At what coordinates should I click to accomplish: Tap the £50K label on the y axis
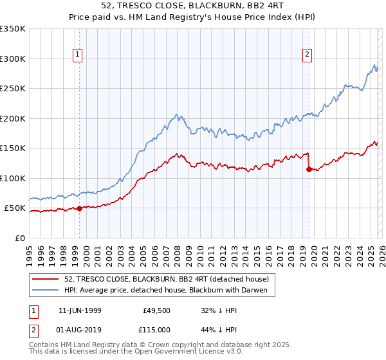pos(15,208)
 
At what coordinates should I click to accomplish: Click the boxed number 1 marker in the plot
pos(78,55)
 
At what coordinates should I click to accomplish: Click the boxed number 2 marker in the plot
pos(308,55)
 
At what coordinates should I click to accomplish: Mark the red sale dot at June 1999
pos(79,208)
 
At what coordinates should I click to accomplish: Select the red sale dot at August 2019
pos(309,169)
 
